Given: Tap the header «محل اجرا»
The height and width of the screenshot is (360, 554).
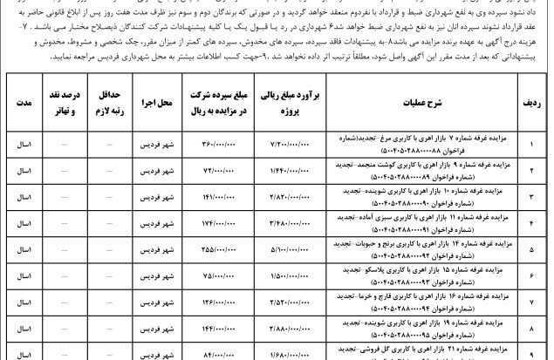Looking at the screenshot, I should pos(158,103).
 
